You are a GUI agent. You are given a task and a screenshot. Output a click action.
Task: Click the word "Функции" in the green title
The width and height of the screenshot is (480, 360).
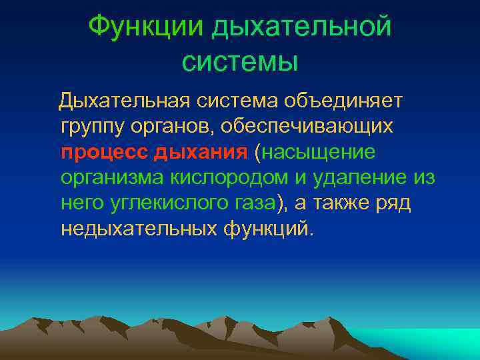[x=145, y=27]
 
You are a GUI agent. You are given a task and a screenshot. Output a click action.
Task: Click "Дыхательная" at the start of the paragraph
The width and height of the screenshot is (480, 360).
[x=125, y=101]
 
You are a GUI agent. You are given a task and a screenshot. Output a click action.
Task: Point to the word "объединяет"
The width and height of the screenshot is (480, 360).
[x=343, y=101]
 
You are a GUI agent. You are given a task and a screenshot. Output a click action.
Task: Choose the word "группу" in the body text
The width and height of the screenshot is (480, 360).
[x=91, y=126]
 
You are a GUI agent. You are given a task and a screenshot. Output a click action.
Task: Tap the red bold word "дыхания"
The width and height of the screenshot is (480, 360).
[x=201, y=151]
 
